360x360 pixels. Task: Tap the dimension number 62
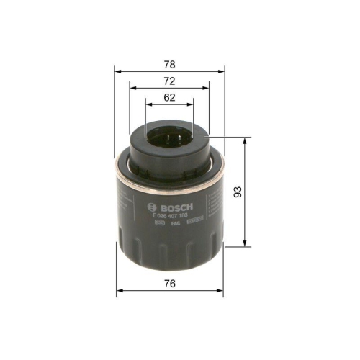pyautogui.click(x=169, y=98)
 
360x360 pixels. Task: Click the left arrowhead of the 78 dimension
pyautogui.click(x=118, y=72)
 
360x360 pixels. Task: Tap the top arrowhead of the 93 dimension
pyautogui.click(x=247, y=139)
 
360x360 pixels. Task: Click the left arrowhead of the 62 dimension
pyautogui.click(x=147, y=105)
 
